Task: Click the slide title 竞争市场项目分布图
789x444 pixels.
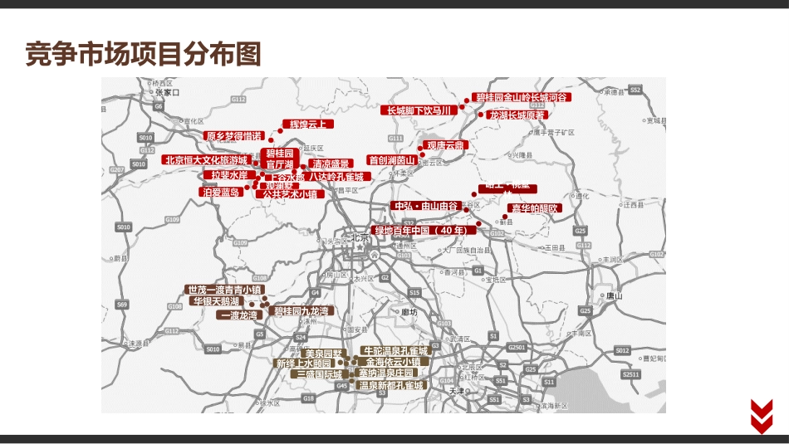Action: (143, 54)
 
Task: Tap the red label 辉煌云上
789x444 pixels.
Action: (306, 124)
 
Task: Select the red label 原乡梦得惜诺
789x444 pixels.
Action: (233, 135)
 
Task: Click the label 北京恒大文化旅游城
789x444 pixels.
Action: (206, 159)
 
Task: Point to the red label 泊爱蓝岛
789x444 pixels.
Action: (220, 192)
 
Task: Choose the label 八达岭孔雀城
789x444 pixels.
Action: (336, 177)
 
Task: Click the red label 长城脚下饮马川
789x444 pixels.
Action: (419, 110)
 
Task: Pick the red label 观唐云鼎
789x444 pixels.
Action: (446, 145)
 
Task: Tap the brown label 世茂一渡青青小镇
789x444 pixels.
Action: (224, 290)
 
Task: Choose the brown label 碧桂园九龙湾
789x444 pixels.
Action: (301, 311)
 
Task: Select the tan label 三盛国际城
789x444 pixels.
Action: (320, 374)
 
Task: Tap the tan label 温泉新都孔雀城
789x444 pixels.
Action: (390, 385)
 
